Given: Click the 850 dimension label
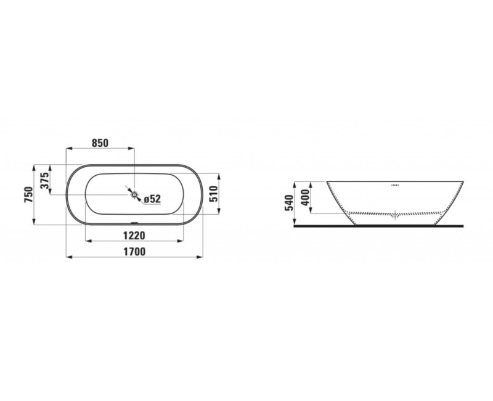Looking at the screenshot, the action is pos(100,143).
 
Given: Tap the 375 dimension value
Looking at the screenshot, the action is pos(46,180).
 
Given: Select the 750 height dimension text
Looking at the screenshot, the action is pos(29,194).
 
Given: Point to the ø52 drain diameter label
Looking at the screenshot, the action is pos(152,199).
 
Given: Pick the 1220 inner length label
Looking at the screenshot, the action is pos(134,235).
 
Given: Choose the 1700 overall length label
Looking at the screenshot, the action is pos(134,252).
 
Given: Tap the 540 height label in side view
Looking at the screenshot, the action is pos(288,203).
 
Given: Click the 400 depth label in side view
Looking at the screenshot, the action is pos(305,197).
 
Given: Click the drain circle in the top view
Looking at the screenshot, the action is pos(134,195).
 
